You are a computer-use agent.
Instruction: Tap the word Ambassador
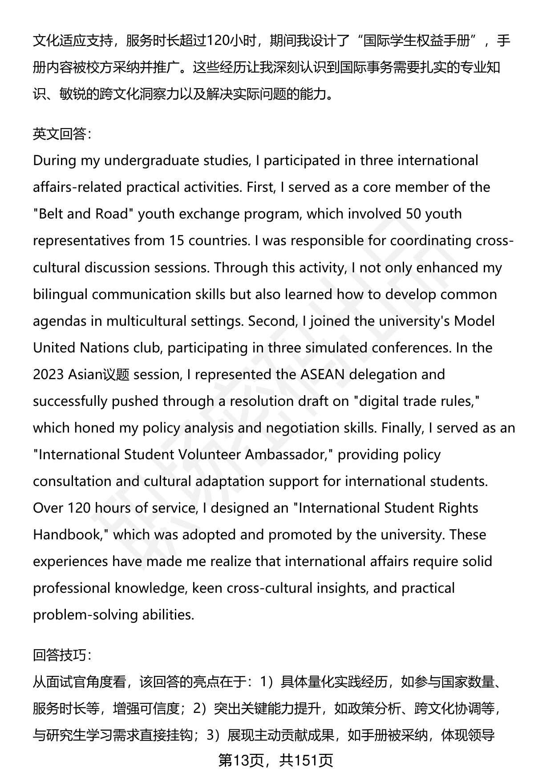287,454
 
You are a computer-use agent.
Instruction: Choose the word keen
207,588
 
